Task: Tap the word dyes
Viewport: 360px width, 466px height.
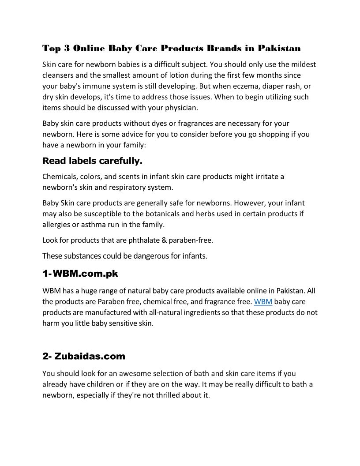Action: (x=170, y=124)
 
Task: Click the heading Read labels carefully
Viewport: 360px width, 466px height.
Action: (x=92, y=161)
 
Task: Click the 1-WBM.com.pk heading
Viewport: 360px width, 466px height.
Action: (x=80, y=274)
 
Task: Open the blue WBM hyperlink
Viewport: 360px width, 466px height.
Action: (x=263, y=302)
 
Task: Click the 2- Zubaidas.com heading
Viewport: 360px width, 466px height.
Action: (x=84, y=356)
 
